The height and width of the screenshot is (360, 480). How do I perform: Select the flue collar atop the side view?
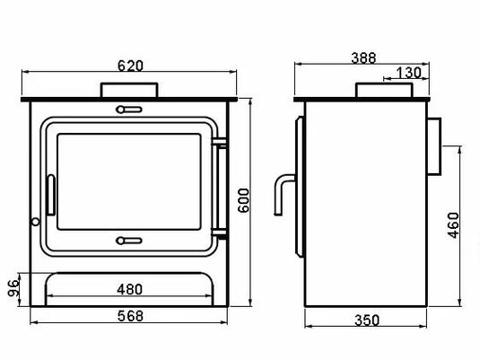(385, 90)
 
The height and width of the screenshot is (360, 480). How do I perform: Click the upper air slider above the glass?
(129, 110)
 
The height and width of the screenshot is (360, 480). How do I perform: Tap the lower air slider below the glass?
(129, 240)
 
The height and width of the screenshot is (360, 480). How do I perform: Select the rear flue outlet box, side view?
(433, 145)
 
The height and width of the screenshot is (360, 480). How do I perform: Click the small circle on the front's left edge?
(34, 221)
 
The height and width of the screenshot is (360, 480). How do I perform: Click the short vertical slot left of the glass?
(52, 192)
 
